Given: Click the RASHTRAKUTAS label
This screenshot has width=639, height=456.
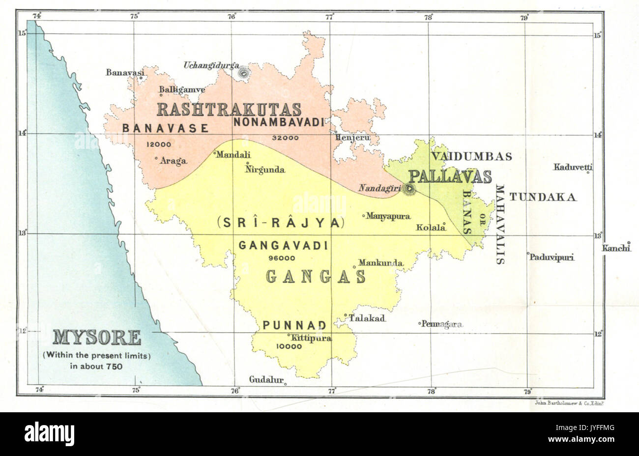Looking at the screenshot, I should click(229, 109).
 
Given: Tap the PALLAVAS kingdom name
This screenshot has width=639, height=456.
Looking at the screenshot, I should click(450, 176).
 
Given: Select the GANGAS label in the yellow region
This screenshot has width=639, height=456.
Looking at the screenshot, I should click(316, 277).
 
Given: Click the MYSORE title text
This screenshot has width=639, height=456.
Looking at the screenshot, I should click(96, 338).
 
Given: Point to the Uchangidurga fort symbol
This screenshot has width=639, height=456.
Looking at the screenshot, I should click(243, 73).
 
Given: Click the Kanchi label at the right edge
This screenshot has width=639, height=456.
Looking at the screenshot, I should click(616, 248).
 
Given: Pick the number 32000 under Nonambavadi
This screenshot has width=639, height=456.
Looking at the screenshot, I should click(285, 138).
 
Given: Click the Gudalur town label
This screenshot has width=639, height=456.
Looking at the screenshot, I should click(266, 380).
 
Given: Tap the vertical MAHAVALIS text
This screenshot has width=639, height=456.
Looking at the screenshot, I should click(500, 225).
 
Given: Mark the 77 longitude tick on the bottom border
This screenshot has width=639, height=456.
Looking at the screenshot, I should click(332, 391).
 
